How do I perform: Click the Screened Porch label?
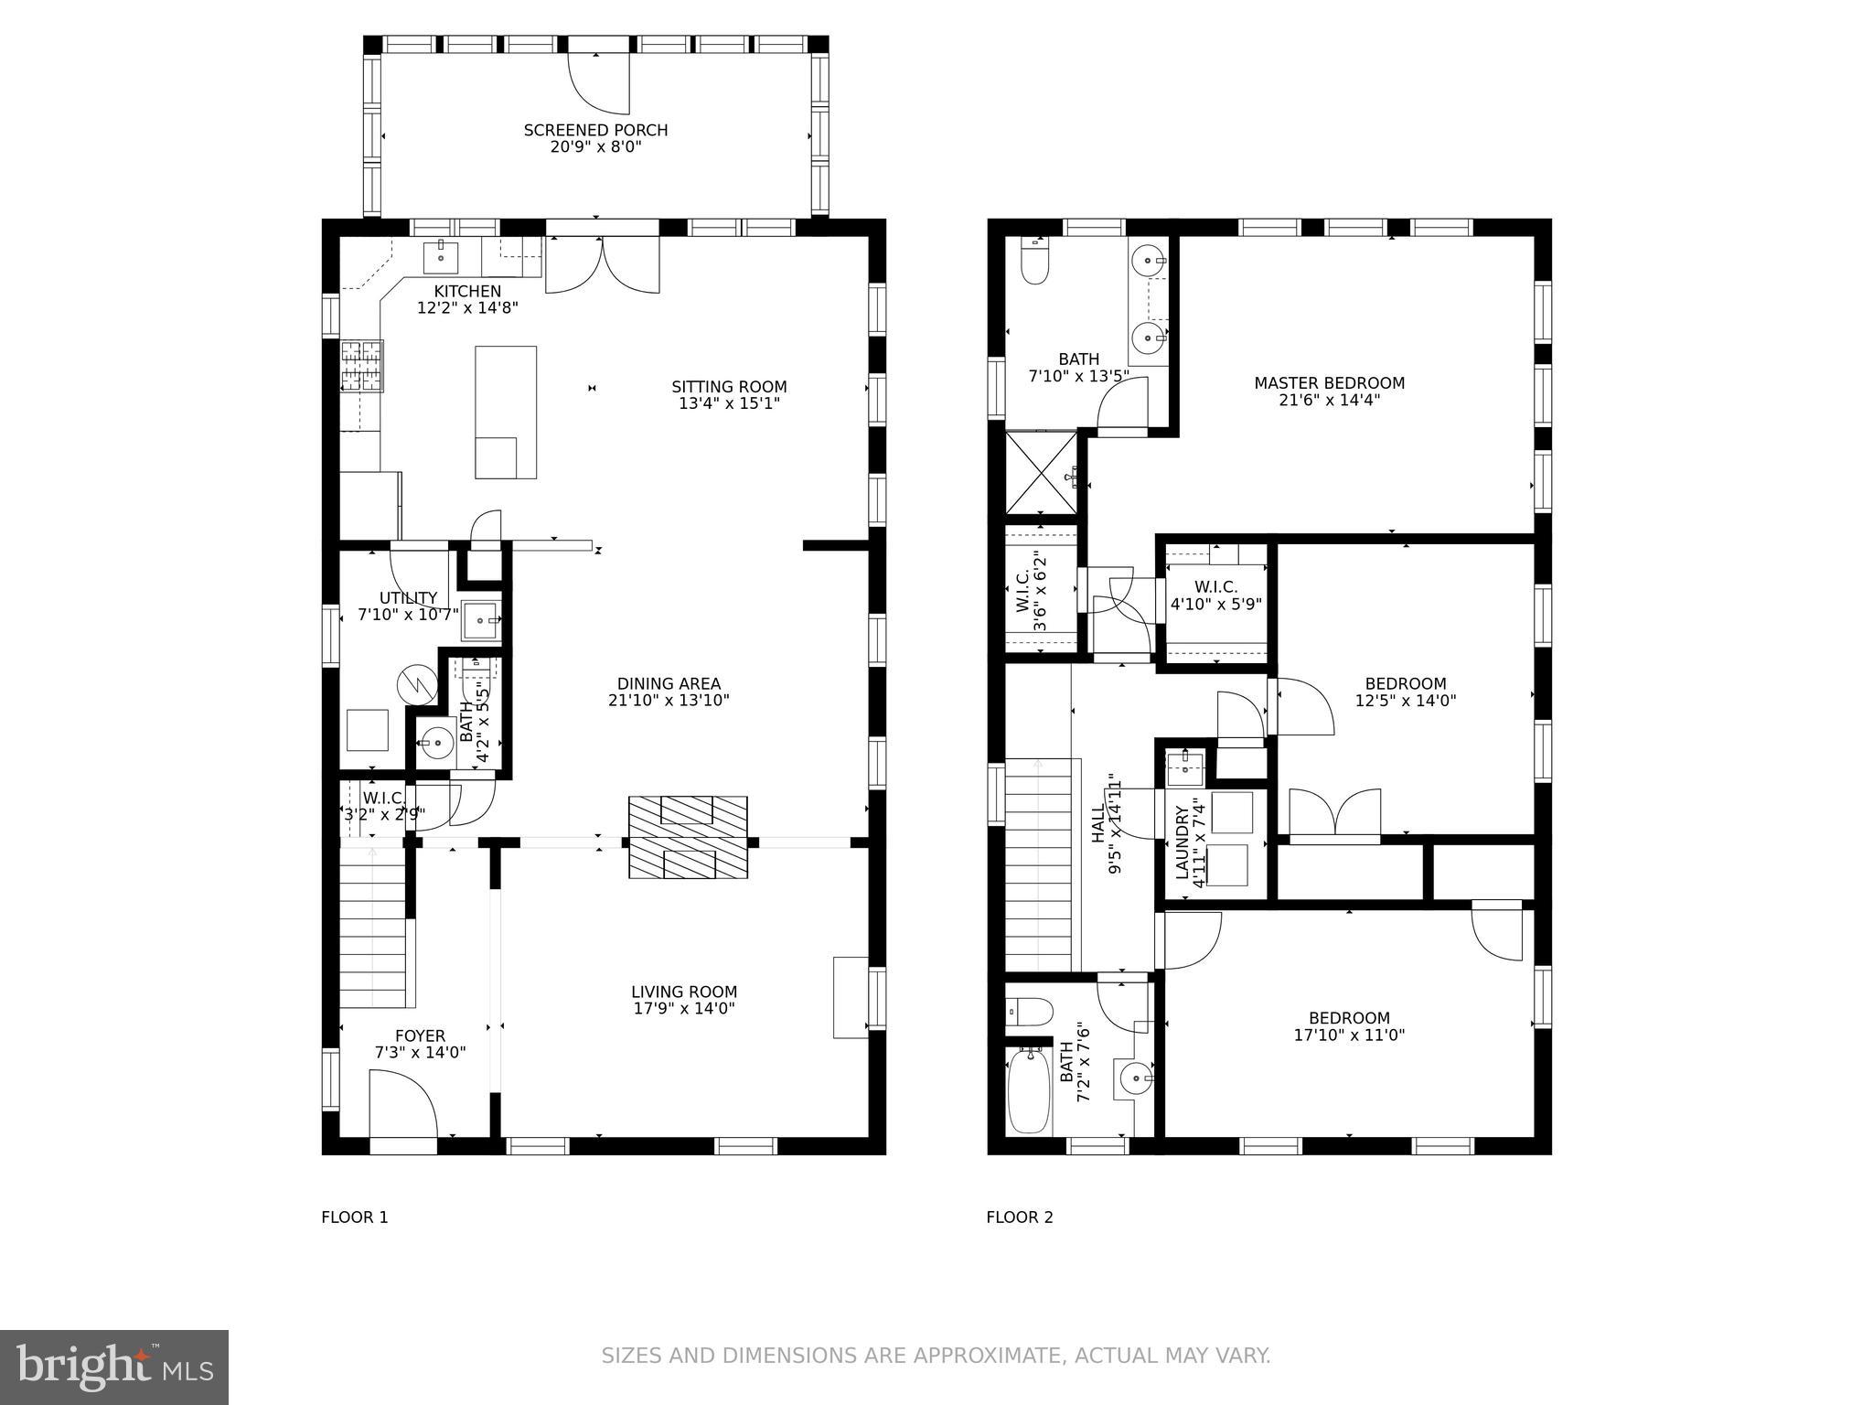click(x=595, y=131)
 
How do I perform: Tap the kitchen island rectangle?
click(x=505, y=412)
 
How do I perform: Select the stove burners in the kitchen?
click(x=362, y=365)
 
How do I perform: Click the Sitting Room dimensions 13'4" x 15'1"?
click(x=729, y=403)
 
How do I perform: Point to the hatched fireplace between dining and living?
click(x=687, y=838)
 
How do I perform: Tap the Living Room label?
click(x=683, y=992)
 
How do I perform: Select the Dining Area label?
click(x=669, y=683)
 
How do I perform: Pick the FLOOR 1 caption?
click(x=355, y=1217)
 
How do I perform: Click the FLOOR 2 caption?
click(x=1020, y=1217)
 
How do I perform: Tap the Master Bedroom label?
click(x=1329, y=383)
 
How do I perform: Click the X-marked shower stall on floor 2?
click(x=1042, y=473)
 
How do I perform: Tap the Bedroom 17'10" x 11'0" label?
click(x=1349, y=1026)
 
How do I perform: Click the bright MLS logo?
click(x=113, y=1367)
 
